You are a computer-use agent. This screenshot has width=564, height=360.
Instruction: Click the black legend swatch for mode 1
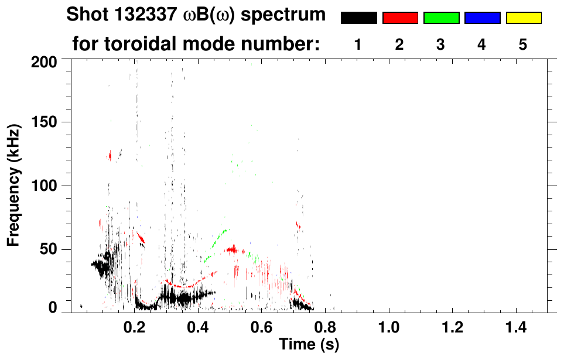358,18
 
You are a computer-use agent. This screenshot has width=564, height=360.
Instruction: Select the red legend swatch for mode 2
400,18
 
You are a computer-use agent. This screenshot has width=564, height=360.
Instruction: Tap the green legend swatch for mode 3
441,18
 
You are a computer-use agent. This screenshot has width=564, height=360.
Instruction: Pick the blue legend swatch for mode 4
482,18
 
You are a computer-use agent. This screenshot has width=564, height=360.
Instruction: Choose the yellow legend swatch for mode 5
523,18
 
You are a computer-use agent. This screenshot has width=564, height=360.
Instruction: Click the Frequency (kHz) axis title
14,184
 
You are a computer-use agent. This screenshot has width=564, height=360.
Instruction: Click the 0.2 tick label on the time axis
134,327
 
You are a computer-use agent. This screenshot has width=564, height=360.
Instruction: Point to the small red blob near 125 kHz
110,155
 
